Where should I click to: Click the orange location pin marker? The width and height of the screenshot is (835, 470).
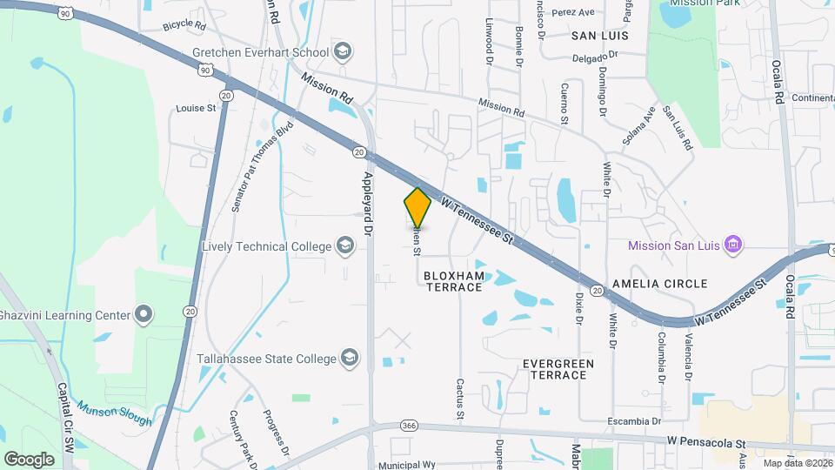pyautogui.click(x=417, y=207)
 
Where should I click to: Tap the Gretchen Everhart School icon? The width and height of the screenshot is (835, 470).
pyautogui.click(x=343, y=52)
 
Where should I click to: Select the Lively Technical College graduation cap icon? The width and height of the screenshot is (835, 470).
pyautogui.click(x=346, y=246)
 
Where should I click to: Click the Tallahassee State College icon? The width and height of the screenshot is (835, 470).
pyautogui.click(x=349, y=358)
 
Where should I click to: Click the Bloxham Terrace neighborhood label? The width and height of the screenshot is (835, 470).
pyautogui.click(x=452, y=280)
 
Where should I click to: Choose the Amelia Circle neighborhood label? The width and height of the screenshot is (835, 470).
pyautogui.click(x=660, y=284)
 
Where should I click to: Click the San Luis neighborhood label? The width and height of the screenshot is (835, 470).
pyautogui.click(x=599, y=36)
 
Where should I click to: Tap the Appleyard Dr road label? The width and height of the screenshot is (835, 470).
pyautogui.click(x=367, y=204)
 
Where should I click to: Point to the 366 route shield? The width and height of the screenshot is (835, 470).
pyautogui.click(x=410, y=426)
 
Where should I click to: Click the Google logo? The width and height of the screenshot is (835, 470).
pyautogui.click(x=29, y=459)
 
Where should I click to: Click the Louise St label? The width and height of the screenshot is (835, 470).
pyautogui.click(x=196, y=109)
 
